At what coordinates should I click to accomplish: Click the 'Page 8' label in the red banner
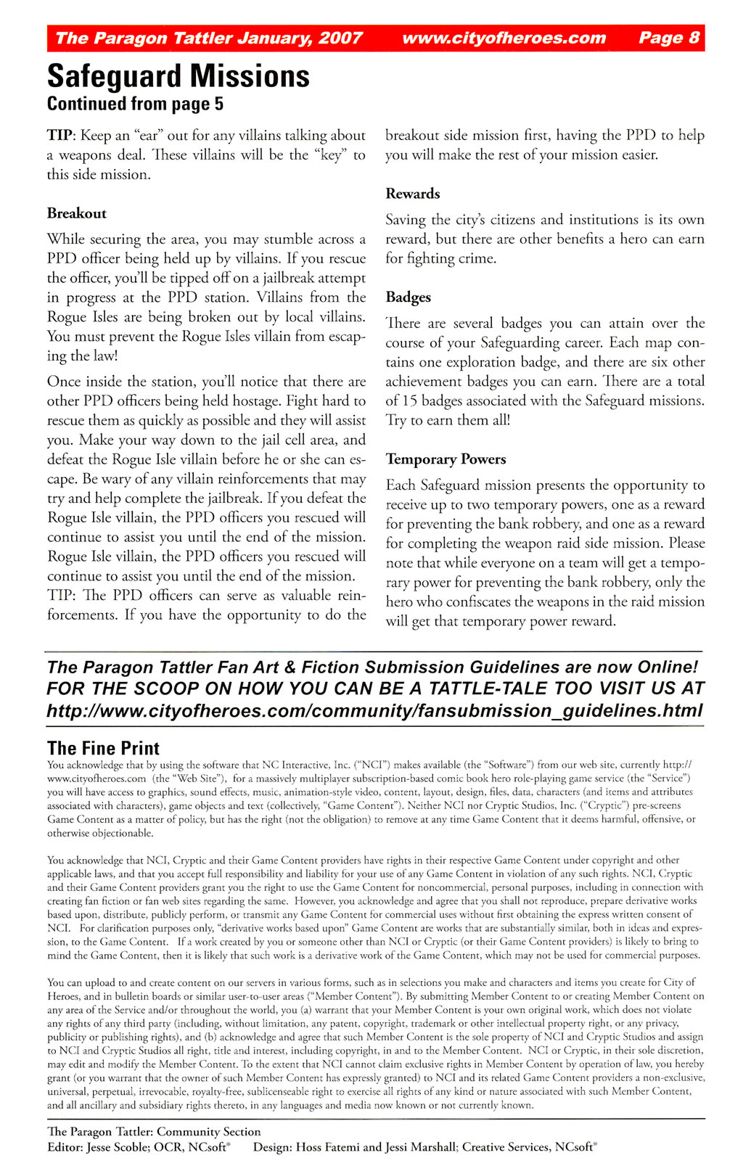[x=669, y=38]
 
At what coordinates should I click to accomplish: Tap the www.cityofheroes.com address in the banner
[x=504, y=38]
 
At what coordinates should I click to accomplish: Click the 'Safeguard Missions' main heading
[x=178, y=76]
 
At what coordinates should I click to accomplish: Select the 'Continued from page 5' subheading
[x=135, y=104]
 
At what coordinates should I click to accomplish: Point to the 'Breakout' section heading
[x=77, y=213]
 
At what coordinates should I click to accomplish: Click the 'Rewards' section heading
[x=413, y=194]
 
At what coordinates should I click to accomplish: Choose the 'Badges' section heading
[x=409, y=297]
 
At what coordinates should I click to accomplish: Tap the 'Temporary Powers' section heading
[x=446, y=459]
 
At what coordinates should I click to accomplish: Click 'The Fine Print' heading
[x=103, y=748]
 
